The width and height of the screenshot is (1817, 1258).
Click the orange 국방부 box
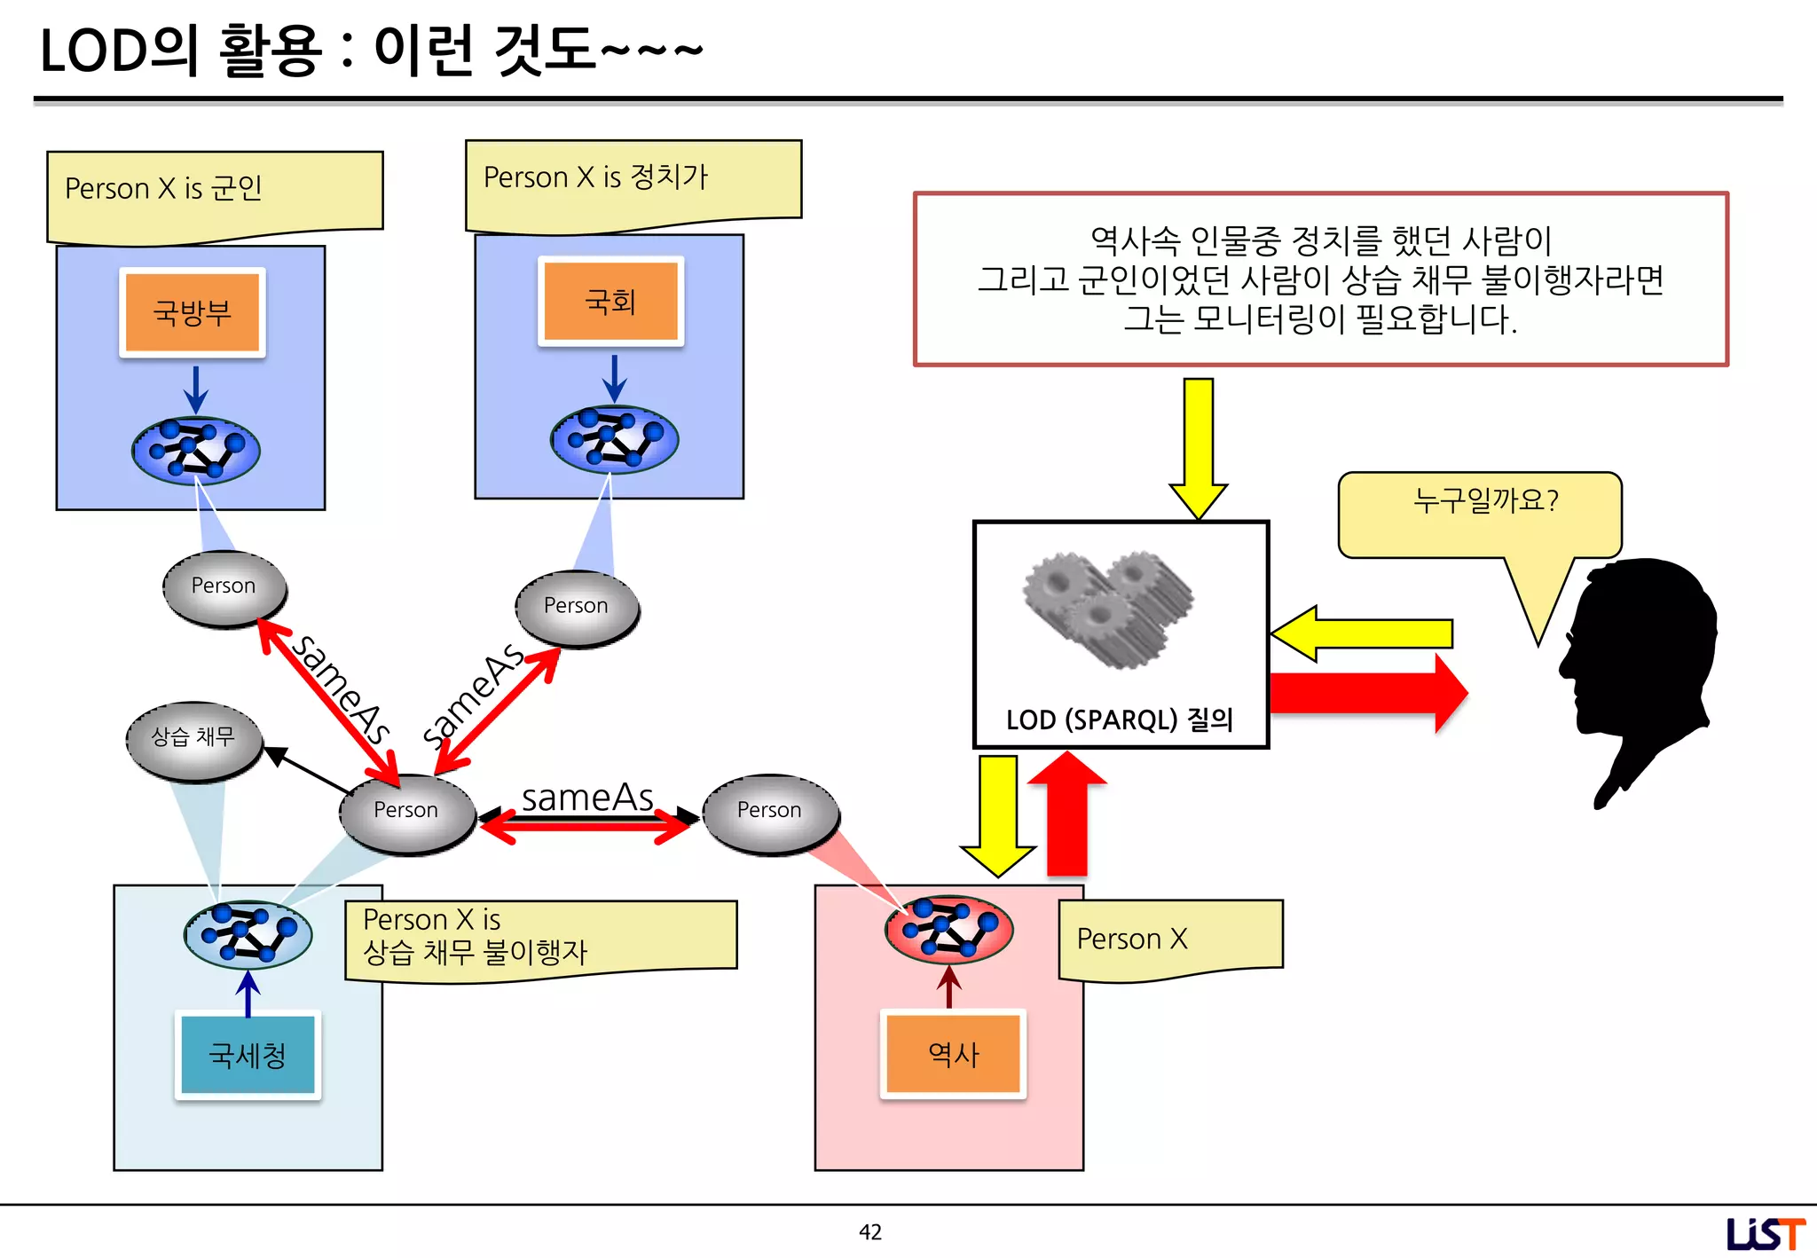[x=193, y=312]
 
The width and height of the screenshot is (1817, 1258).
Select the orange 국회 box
[x=610, y=302]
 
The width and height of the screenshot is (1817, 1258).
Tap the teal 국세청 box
[x=248, y=1055]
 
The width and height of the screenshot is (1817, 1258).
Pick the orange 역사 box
[x=953, y=1054]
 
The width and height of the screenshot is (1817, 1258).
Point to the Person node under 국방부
[x=224, y=587]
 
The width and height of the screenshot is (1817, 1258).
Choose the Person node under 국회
[x=577, y=607]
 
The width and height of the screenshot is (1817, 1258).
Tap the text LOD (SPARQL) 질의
[x=1120, y=719]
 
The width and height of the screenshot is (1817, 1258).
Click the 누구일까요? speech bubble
[x=1480, y=513]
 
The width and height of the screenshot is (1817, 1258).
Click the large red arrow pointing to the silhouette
[x=1366, y=693]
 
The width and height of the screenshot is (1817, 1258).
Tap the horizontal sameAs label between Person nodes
[x=587, y=797]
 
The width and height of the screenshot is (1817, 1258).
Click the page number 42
[x=870, y=1231]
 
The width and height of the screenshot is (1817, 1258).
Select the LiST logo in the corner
[x=1765, y=1233]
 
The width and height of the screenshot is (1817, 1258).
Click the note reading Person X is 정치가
[x=633, y=182]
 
